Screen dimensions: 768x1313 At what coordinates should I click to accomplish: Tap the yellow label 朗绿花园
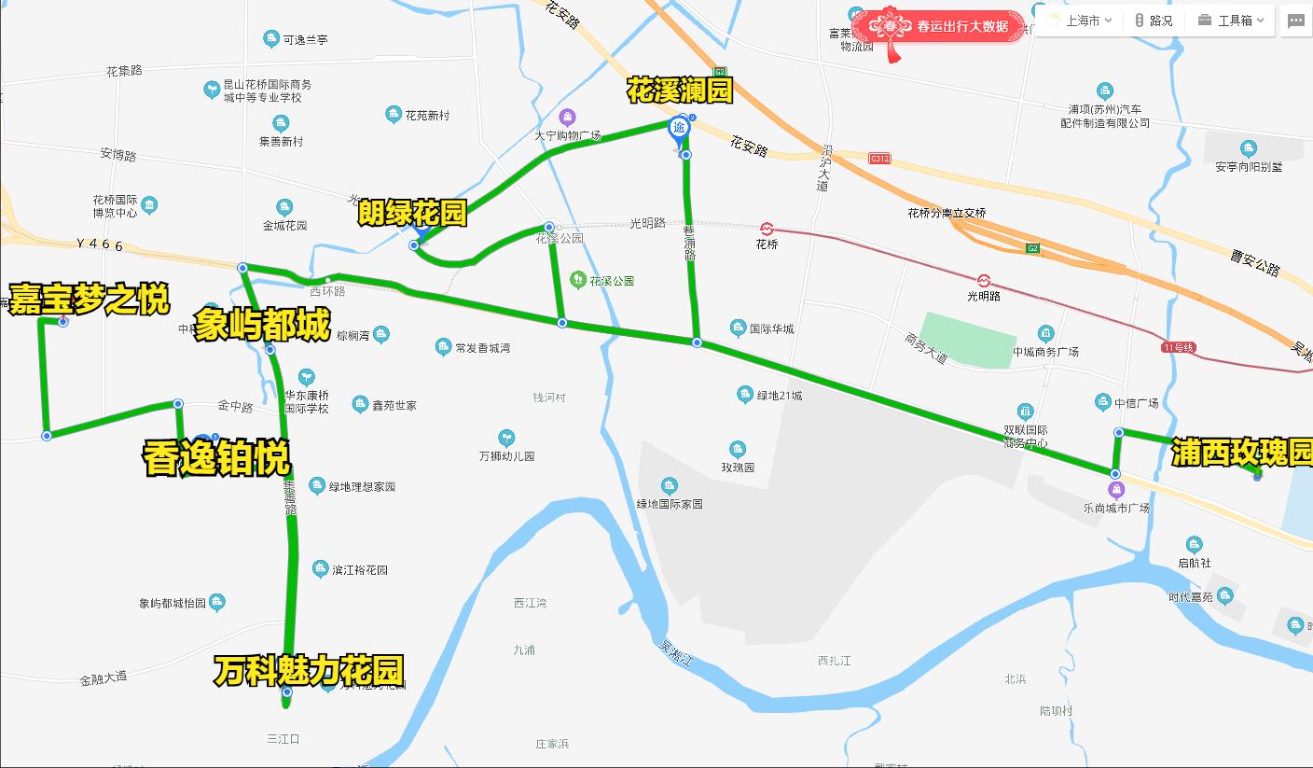tap(412, 214)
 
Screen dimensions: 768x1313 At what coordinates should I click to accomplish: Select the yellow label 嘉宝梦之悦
tap(90, 300)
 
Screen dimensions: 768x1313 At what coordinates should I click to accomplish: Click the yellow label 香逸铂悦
tap(216, 459)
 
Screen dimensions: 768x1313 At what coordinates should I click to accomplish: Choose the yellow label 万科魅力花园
tap(309, 670)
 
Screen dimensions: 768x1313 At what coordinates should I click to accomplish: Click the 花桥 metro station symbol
tap(767, 229)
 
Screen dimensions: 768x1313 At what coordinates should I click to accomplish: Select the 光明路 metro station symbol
tap(984, 280)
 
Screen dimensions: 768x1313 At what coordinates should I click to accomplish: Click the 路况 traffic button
tap(1154, 21)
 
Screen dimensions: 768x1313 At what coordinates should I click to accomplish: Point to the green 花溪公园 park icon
tap(578, 279)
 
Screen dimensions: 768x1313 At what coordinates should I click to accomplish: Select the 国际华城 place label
tap(773, 328)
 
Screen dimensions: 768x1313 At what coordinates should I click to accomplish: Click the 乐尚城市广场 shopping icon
tap(1116, 491)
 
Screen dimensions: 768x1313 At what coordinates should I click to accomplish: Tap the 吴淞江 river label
tap(675, 653)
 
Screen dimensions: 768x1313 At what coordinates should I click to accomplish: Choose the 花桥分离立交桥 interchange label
tap(947, 213)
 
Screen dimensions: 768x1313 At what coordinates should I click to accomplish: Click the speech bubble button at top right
tap(1295, 21)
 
